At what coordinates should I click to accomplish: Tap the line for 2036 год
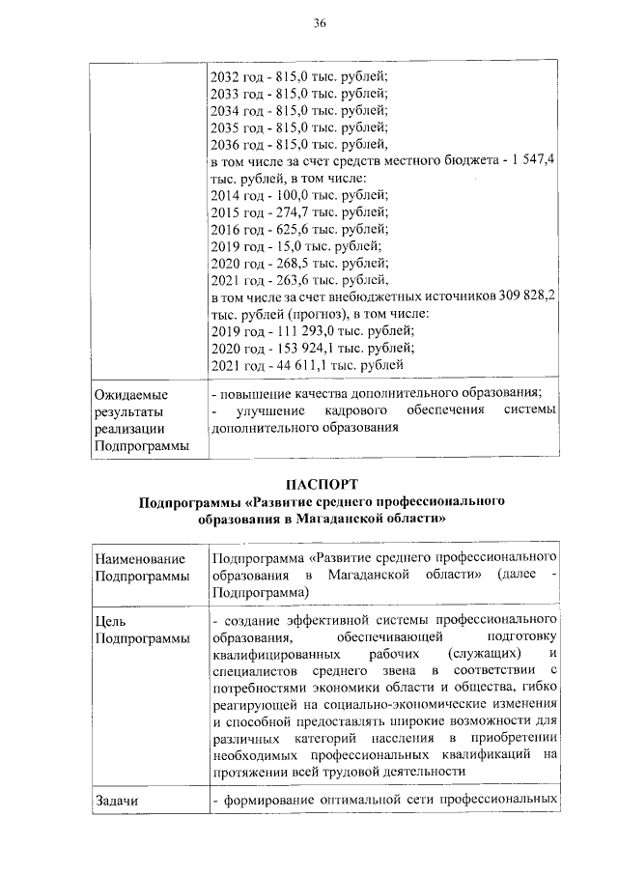(x=298, y=144)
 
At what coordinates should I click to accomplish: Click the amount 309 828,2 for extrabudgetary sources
(x=520, y=294)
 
